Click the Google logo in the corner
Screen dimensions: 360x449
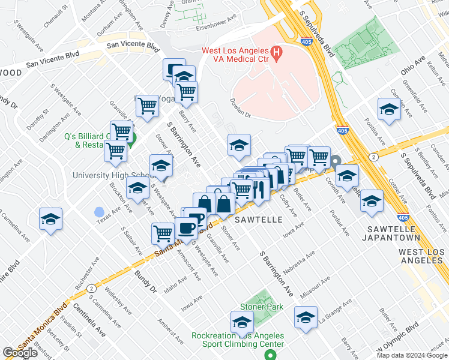pyautogui.click(x=20, y=353)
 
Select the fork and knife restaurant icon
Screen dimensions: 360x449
pyautogui.click(x=259, y=190)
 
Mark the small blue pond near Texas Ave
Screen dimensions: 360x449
pyautogui.click(x=98, y=212)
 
